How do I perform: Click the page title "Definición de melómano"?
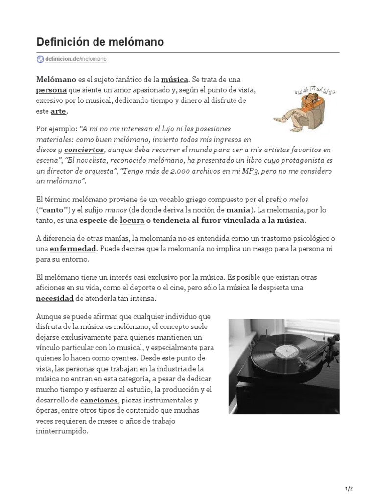click(x=100, y=43)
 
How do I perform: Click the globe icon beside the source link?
click(x=40, y=59)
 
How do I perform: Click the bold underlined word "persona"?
click(x=51, y=90)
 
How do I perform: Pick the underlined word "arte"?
click(x=58, y=112)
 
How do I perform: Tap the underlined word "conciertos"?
click(x=84, y=149)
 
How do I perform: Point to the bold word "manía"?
click(x=238, y=210)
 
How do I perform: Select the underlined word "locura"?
click(x=132, y=220)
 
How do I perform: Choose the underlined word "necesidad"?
click(x=55, y=298)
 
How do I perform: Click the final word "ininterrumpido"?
click(x=62, y=432)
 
